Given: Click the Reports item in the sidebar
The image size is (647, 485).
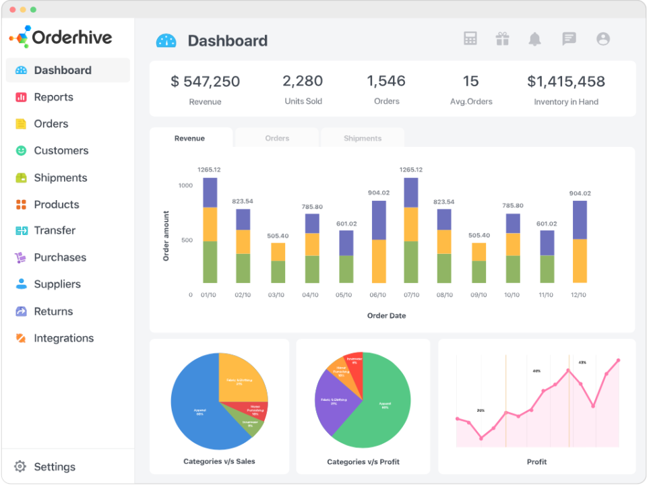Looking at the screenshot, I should tap(53, 97).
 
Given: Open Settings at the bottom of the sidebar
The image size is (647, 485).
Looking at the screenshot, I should tap(54, 467).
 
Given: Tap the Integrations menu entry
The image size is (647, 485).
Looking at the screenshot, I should tap(63, 338).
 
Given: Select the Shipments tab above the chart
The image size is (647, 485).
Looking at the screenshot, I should tap(363, 138).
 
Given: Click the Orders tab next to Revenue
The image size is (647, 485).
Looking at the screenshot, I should tap(277, 138).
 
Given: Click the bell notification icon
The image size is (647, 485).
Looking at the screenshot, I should tap(534, 39).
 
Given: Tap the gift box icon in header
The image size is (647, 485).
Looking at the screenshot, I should tap(502, 39).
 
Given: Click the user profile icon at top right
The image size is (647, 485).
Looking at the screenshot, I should tap(603, 39).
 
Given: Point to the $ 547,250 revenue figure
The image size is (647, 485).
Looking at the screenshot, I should tap(205, 82).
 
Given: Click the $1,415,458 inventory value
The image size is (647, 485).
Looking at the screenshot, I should tap(566, 82).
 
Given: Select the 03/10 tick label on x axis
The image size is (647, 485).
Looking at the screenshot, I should tap(276, 295).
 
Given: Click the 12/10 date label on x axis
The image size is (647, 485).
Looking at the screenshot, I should tap(578, 295).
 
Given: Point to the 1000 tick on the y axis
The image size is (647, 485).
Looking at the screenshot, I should tap(185, 185).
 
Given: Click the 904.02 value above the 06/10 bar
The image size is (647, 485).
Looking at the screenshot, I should tap(379, 193).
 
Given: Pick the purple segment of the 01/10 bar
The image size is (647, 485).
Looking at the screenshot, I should tap(210, 193).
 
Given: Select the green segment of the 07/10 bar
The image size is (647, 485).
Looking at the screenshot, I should tap(411, 262).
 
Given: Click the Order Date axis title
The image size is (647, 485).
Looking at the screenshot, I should tap(386, 315).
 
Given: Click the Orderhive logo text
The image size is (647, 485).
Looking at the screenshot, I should tap(72, 38).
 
